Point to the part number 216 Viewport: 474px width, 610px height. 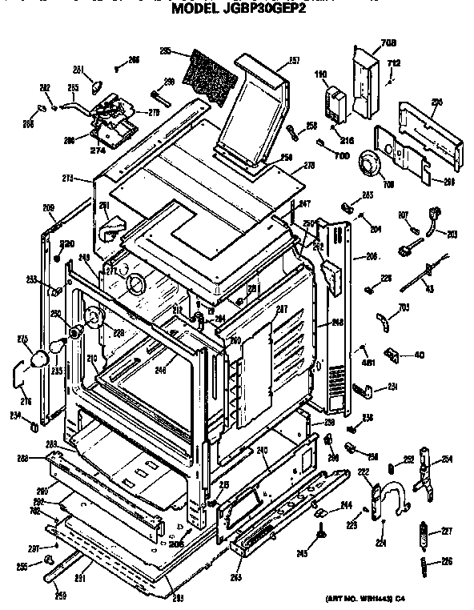347,118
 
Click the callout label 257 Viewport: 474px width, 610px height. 293,61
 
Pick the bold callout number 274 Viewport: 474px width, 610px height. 98,150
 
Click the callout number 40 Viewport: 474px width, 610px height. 420,355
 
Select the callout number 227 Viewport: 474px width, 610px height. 447,529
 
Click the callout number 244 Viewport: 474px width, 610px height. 347,504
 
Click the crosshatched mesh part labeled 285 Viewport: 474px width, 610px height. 210,77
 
